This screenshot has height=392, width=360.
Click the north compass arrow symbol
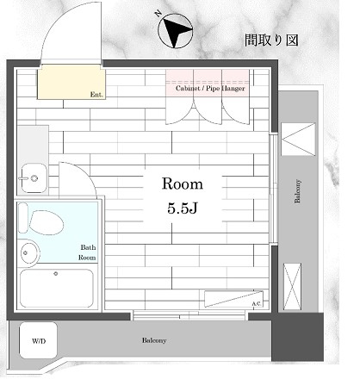click(176, 34)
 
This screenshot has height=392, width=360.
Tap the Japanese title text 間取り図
click(270, 41)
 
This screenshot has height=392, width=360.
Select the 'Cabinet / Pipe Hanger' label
click(210, 88)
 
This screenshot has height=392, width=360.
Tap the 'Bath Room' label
click(87, 252)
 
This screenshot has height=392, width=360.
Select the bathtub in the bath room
click(56, 289)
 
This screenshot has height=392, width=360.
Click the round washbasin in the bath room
click(28, 253)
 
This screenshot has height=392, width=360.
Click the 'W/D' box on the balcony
click(40, 341)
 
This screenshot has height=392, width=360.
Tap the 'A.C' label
click(256, 303)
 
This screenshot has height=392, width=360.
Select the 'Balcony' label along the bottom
click(155, 340)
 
